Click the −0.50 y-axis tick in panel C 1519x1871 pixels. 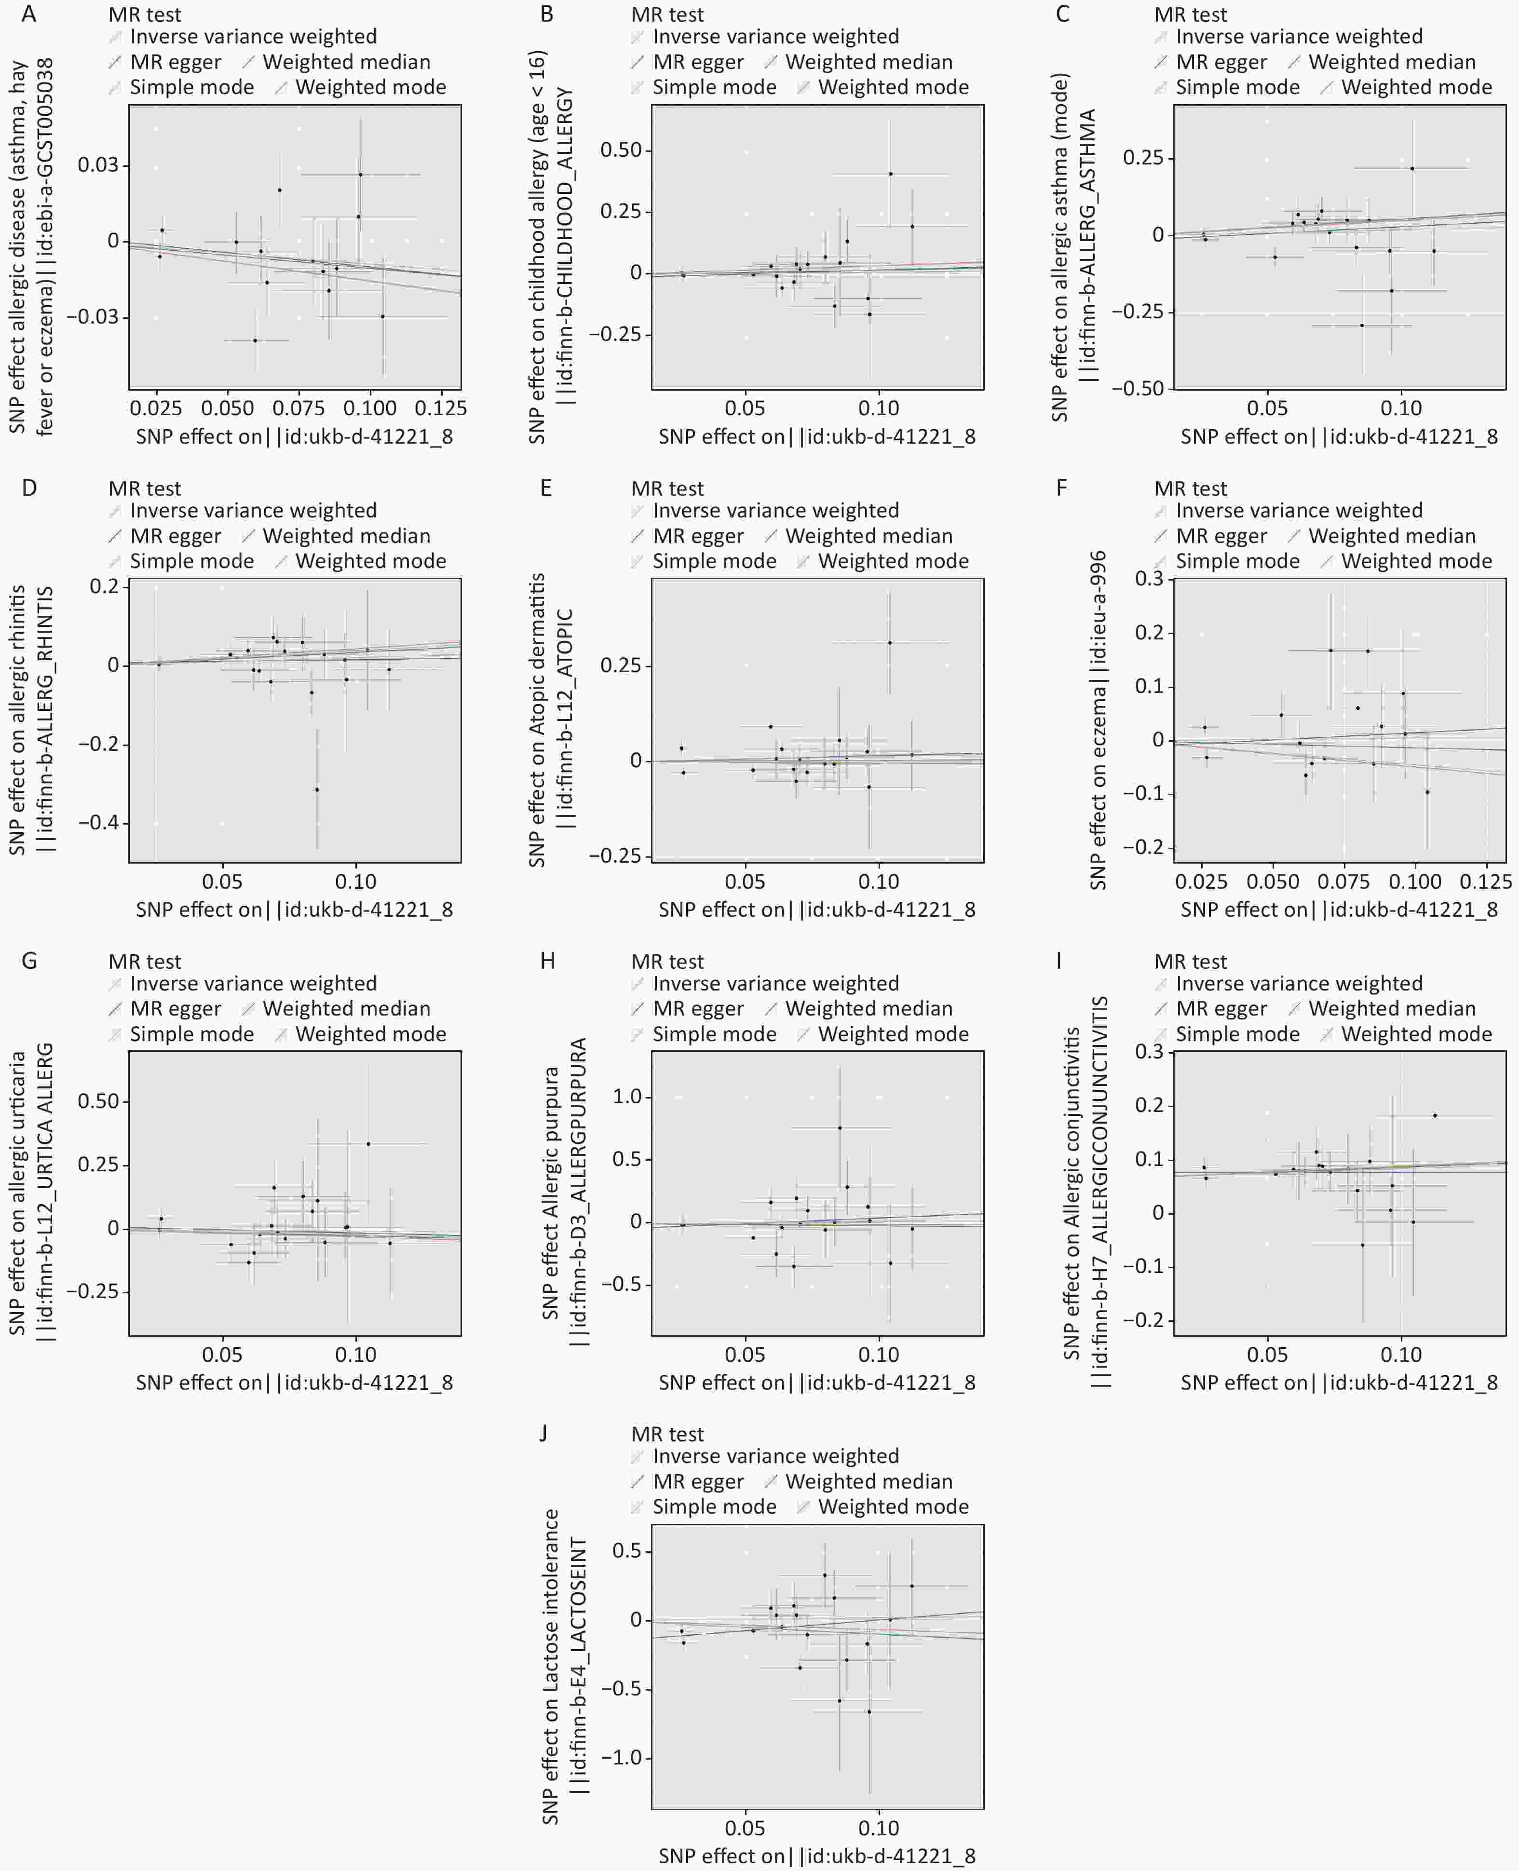(1138, 389)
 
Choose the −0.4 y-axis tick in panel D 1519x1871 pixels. (98, 823)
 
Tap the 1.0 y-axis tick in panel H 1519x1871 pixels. (627, 1097)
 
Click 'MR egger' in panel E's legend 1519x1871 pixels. (697, 536)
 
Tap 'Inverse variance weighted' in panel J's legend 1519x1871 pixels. (775, 1456)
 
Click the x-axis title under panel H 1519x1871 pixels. (816, 1383)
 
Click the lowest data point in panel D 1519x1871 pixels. (317, 789)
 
